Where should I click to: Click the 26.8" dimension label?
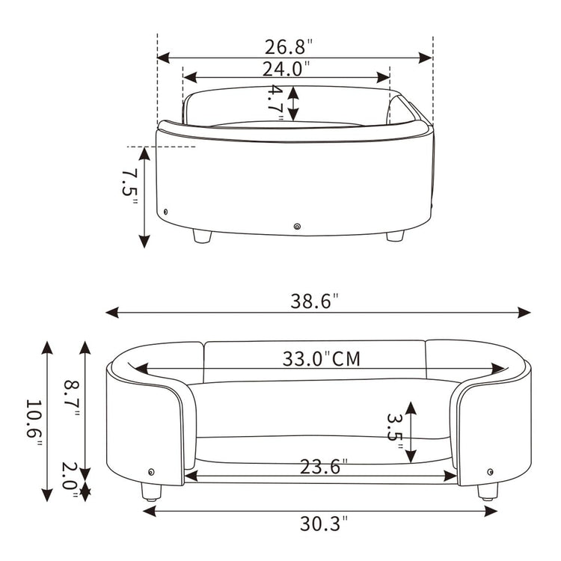(x=289, y=46)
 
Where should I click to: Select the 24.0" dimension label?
(x=286, y=69)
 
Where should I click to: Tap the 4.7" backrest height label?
(x=276, y=103)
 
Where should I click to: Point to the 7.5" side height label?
(x=129, y=187)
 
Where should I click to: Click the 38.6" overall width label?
(x=314, y=301)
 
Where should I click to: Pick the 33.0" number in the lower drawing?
(x=306, y=358)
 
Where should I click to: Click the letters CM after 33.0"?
(x=346, y=359)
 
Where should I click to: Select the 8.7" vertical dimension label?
(x=72, y=398)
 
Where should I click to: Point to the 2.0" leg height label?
(x=70, y=479)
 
